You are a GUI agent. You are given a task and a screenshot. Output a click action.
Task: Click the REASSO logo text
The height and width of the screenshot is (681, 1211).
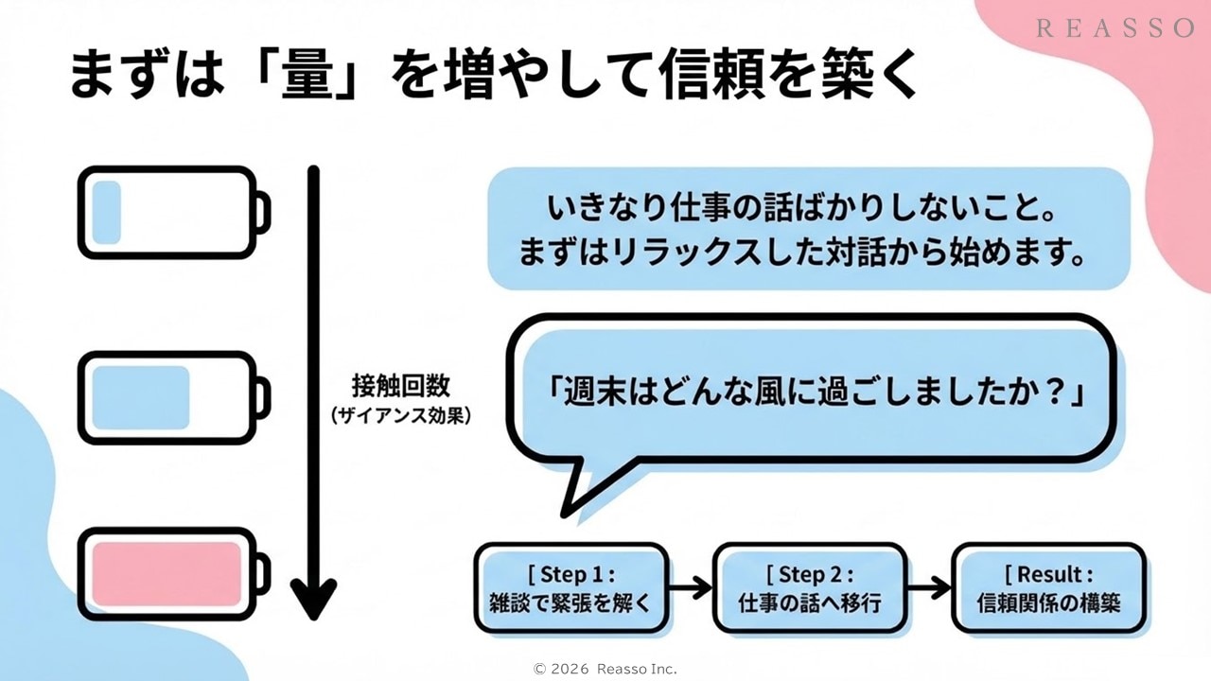(1115, 28)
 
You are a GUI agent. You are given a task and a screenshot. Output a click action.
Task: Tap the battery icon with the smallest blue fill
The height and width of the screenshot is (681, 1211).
(170, 212)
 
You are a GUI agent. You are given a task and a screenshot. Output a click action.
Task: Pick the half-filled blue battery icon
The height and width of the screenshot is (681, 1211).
(170, 397)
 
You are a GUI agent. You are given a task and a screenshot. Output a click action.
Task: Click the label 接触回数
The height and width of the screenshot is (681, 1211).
(400, 387)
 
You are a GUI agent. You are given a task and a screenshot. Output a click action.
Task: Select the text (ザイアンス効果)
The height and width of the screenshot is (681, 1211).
(400, 414)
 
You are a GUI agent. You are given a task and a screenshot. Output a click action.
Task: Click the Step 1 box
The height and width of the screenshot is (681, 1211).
(570, 587)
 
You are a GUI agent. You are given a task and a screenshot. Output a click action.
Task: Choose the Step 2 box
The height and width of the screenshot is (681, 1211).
(809, 587)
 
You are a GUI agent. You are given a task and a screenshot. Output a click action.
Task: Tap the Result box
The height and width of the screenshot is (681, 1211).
(1048, 587)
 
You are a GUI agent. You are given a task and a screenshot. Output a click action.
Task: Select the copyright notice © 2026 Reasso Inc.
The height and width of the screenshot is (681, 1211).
(605, 669)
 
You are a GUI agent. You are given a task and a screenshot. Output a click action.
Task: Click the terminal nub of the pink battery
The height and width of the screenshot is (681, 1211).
(263, 573)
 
